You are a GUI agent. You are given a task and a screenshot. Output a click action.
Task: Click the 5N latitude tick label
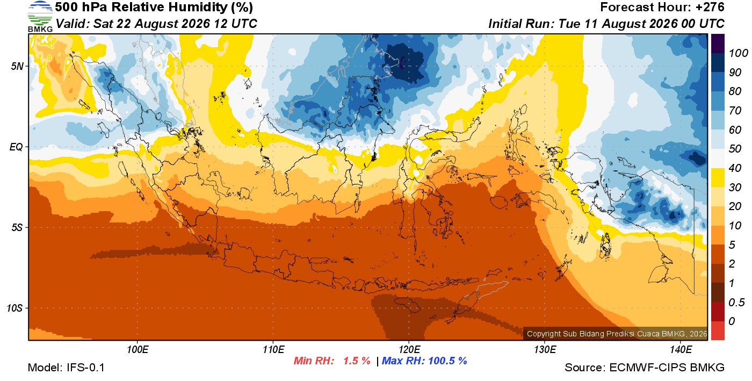[x=17, y=66]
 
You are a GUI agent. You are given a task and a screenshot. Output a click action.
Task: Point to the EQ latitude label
[x=17, y=147]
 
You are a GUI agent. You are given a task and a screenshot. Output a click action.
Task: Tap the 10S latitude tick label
[x=15, y=308]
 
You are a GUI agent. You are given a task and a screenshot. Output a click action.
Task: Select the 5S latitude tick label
[x=17, y=227]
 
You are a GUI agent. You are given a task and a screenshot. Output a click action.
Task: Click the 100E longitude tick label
[x=138, y=349]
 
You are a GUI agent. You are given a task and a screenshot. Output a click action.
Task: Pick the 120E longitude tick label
[x=409, y=349]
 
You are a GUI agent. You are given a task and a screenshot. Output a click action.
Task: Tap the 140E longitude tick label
[x=681, y=349]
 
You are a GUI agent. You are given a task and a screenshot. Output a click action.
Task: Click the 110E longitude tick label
[x=273, y=349]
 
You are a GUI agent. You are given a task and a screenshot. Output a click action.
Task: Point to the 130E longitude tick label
[x=545, y=349]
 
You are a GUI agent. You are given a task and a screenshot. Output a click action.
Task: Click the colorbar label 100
[x=738, y=53]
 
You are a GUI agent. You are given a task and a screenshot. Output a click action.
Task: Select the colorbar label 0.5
[x=736, y=303]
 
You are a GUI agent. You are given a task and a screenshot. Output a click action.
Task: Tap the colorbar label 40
[x=735, y=168]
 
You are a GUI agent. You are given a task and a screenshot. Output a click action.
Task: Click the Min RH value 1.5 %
[x=357, y=361]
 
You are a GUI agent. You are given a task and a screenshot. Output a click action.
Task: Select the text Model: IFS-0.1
[x=66, y=368]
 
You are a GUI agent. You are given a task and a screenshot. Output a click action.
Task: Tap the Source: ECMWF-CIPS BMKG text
[x=645, y=368]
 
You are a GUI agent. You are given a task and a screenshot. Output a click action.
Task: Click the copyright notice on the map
[x=617, y=334]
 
